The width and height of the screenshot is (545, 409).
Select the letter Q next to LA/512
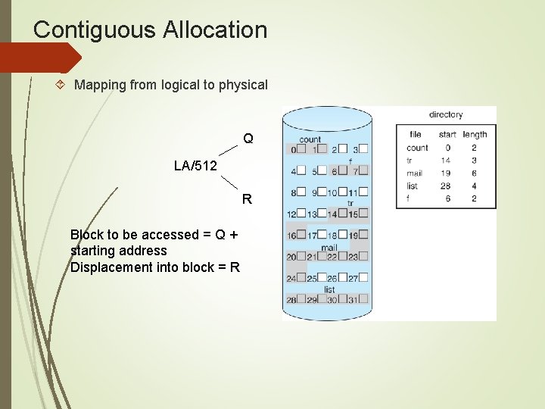pos(248,139)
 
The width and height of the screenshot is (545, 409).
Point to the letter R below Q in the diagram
pos(247,200)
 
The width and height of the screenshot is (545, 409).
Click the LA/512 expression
pos(195,166)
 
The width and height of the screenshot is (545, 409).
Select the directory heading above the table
pos(446,115)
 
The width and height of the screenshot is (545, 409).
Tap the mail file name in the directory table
pos(414,173)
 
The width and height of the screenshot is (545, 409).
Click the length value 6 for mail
pos(474,173)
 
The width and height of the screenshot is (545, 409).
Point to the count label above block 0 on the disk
pos(310,139)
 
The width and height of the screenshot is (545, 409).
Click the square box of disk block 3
pos(363,149)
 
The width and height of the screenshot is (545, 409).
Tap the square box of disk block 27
pos(363,278)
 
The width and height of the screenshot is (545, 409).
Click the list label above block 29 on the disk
pos(329,289)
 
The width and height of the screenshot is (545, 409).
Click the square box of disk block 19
pos(363,235)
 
